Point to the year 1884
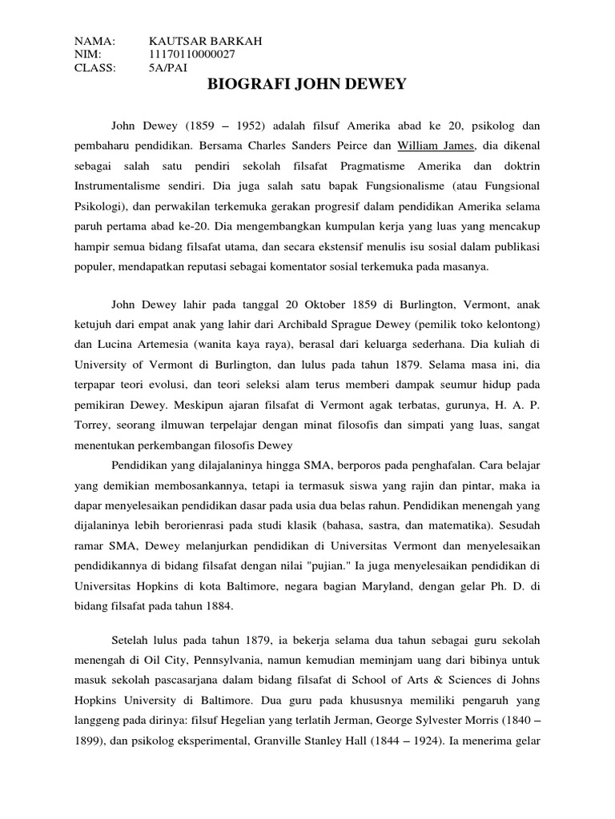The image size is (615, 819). [x=215, y=605]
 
